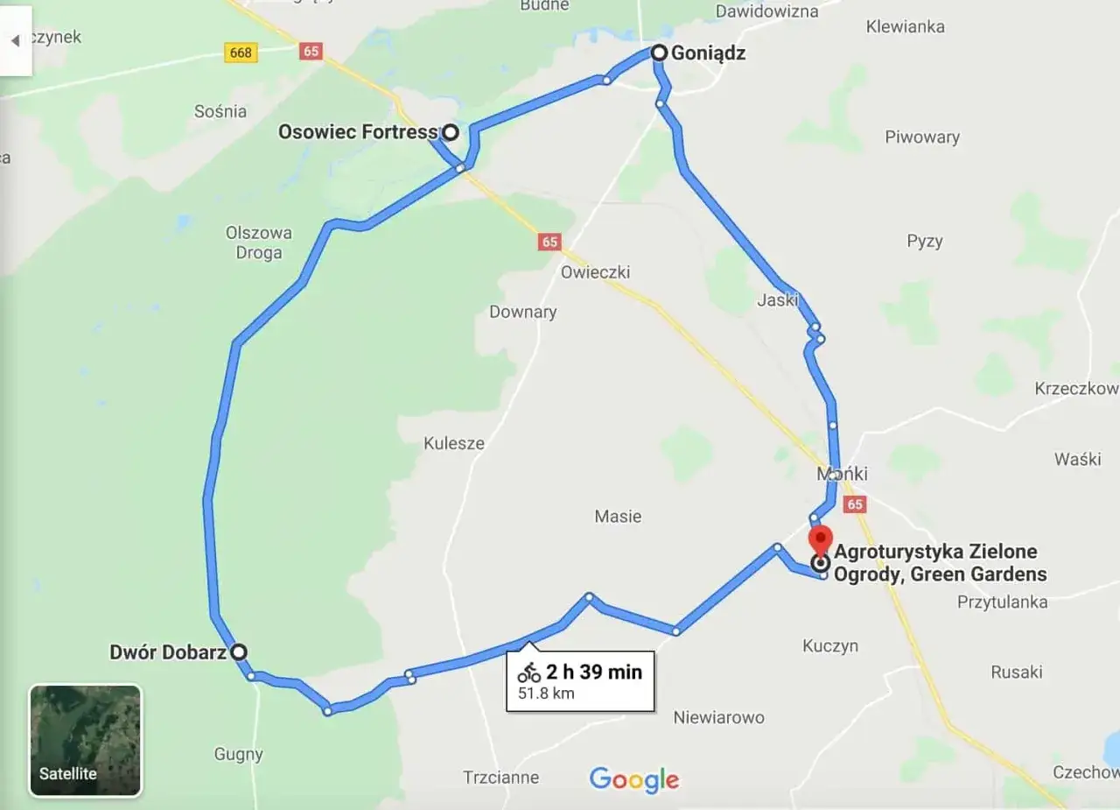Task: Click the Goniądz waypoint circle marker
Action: [660, 53]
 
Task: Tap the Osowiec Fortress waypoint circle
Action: [450, 132]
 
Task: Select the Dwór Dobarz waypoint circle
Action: [238, 652]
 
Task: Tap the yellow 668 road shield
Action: [240, 53]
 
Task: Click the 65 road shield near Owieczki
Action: [549, 242]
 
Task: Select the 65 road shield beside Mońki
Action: [855, 504]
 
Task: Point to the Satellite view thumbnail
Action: [86, 741]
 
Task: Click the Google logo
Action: [634, 779]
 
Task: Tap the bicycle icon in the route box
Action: [528, 673]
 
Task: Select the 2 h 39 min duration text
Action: [594, 672]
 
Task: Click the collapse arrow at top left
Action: [15, 40]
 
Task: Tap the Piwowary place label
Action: [922, 137]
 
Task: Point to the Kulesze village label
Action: [454, 443]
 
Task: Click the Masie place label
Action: [618, 517]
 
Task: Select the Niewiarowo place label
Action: [718, 717]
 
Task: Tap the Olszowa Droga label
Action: [259, 243]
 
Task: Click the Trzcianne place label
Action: [501, 778]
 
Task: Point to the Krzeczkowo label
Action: [1076, 388]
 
